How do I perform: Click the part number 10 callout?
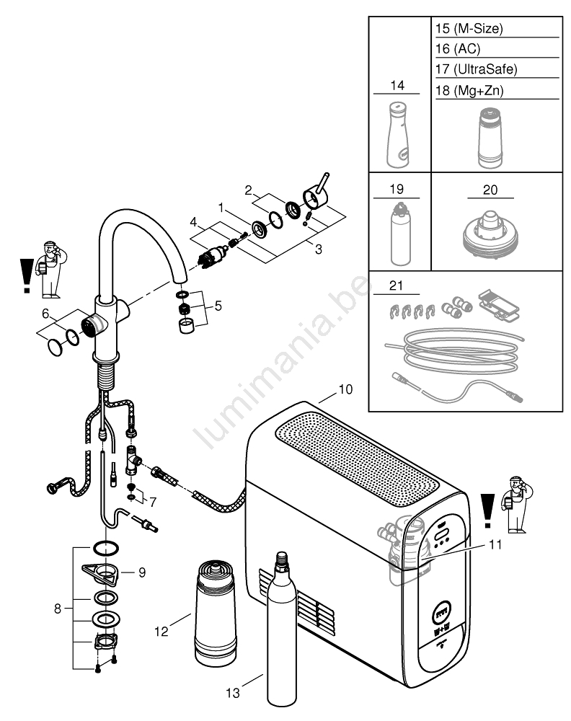345,389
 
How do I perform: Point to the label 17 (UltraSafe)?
477,70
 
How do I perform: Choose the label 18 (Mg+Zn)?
470,90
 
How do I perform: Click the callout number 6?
45,314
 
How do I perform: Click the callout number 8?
57,609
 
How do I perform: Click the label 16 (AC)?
457,50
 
